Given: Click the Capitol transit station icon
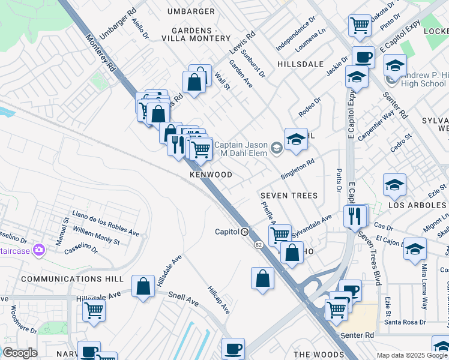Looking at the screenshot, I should (245, 232).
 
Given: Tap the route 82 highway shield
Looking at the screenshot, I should (259, 245).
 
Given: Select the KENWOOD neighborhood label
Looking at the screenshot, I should (211, 175).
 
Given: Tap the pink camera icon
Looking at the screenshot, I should (39, 249).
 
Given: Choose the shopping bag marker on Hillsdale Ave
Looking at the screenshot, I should (143, 287).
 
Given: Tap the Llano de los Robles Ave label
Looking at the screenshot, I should (105, 224).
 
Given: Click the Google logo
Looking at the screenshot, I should (20, 353).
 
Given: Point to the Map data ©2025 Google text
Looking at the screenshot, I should (412, 355).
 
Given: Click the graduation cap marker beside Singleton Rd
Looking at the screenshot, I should (296, 139).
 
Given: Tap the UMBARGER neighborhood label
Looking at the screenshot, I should (191, 11).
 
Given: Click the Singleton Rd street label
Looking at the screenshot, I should (298, 169).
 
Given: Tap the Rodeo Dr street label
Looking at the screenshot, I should (309, 107).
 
